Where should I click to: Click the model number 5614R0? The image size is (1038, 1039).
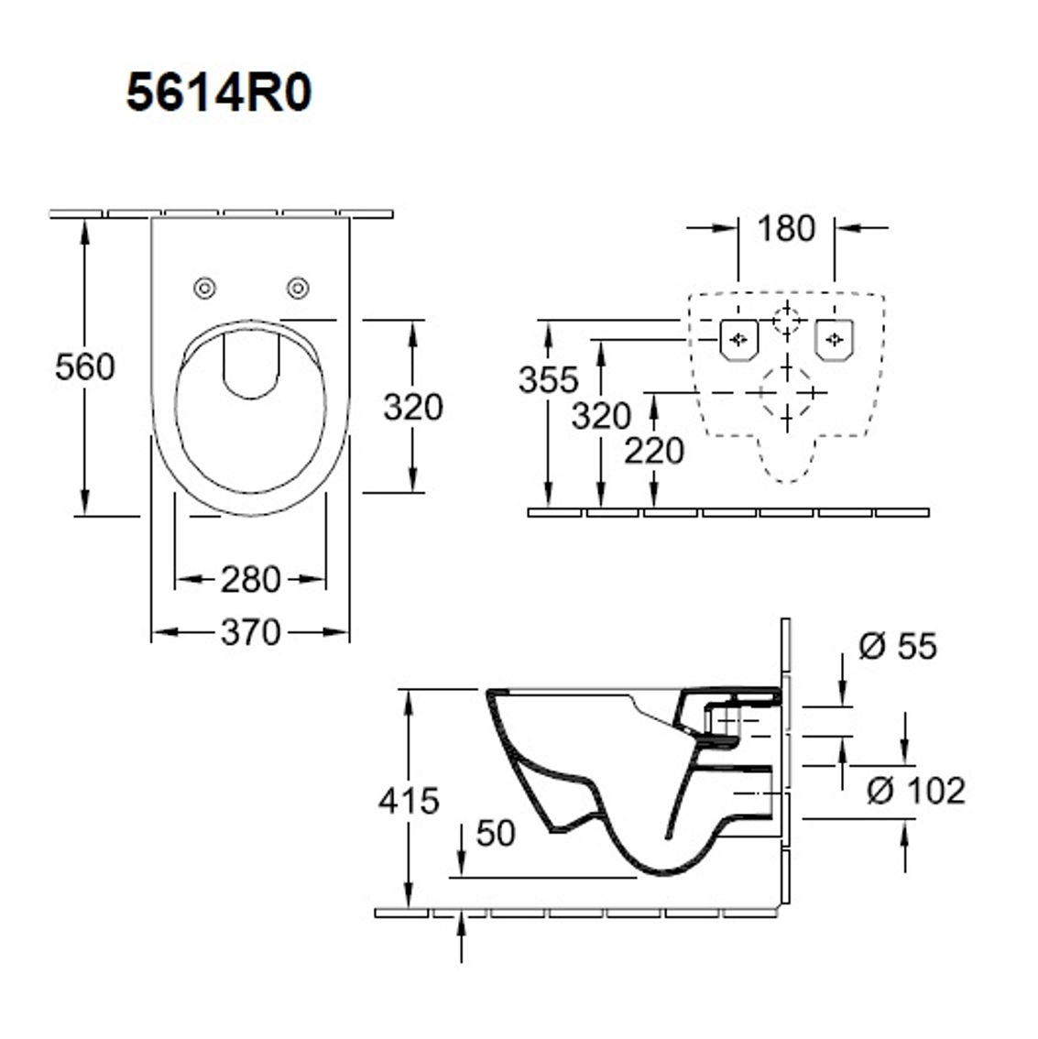coord(219,93)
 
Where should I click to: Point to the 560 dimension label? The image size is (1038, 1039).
coord(84,367)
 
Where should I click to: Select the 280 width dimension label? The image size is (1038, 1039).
coord(250,579)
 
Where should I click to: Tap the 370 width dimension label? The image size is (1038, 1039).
coord(250,632)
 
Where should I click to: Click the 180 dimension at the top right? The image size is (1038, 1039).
coord(786,228)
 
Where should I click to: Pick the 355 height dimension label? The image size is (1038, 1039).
coord(548,379)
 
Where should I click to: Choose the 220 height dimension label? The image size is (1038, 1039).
coord(654,451)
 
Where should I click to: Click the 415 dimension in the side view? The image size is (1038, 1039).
coord(409,801)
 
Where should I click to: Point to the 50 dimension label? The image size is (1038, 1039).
coord(496,833)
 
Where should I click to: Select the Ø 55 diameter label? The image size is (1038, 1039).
coord(897,647)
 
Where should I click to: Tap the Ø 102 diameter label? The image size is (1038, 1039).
coord(915,790)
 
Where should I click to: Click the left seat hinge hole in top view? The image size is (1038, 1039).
coord(205,289)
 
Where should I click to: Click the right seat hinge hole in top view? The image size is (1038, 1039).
coord(297,289)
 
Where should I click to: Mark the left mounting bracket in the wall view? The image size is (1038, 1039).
coord(738,339)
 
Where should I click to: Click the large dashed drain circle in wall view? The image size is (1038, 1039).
coord(786,391)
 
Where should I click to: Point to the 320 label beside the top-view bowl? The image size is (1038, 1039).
coord(412,407)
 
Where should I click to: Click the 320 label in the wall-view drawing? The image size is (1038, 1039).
coord(601,416)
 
